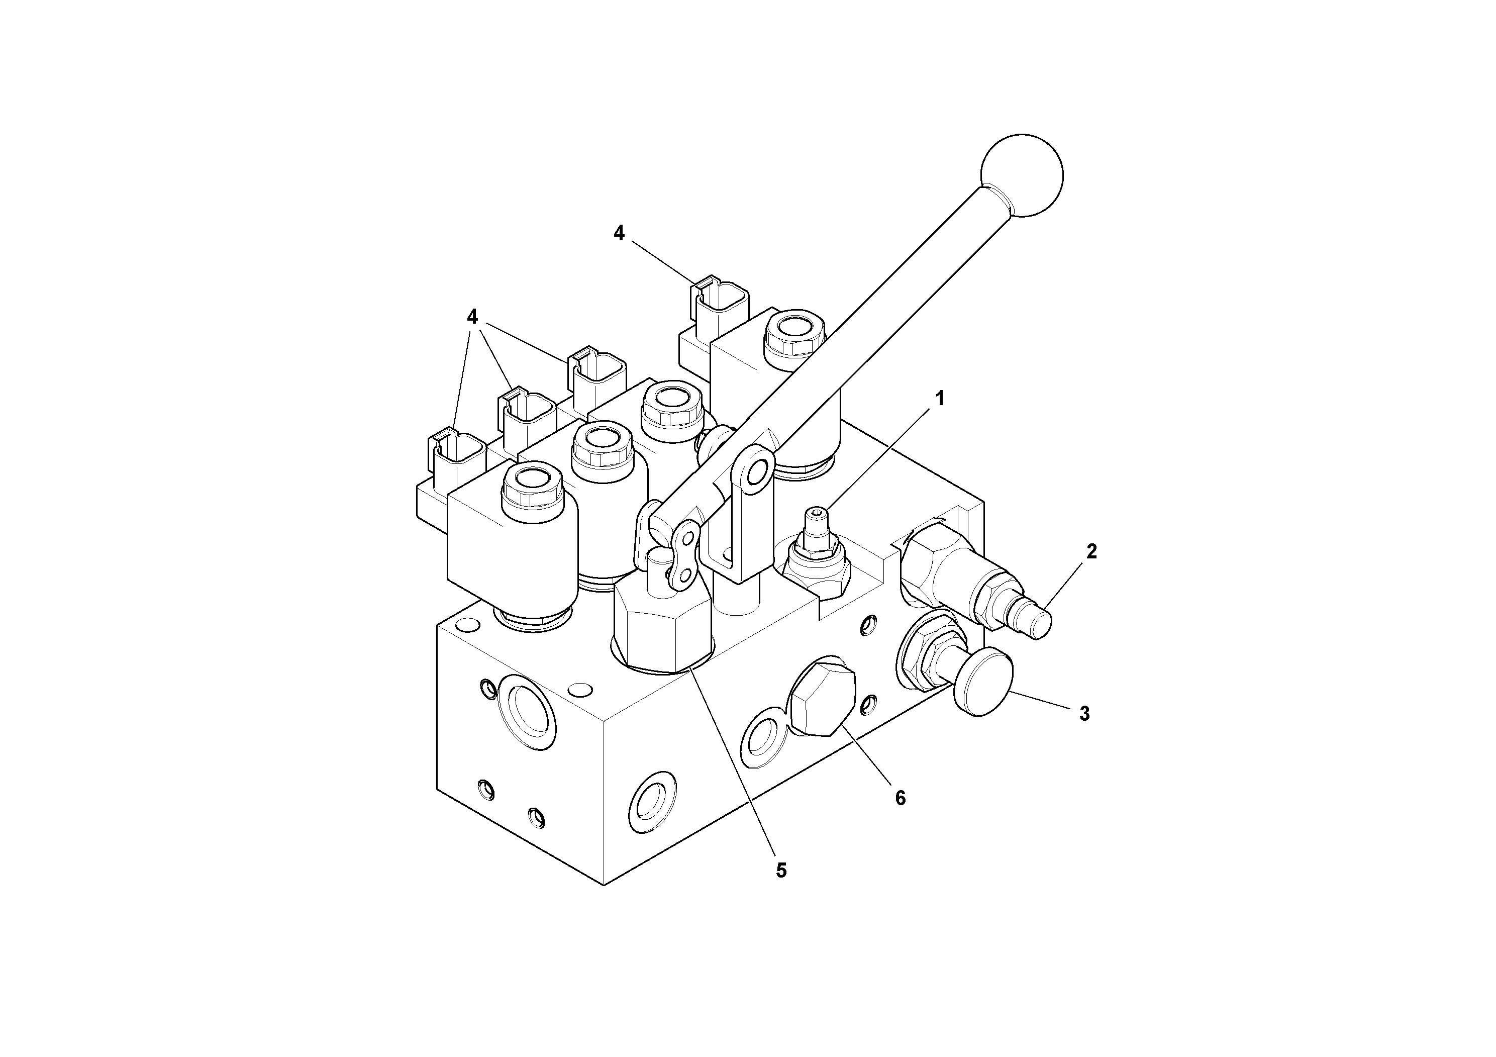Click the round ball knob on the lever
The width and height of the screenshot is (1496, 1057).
click(1022, 175)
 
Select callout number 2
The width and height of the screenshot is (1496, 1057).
click(1091, 551)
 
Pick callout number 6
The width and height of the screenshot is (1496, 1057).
click(900, 798)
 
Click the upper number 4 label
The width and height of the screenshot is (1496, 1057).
click(619, 233)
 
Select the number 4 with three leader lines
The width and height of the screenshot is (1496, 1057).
click(472, 317)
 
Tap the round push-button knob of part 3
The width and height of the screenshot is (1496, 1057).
click(984, 690)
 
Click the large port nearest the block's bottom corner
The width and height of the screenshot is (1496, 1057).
click(652, 802)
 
